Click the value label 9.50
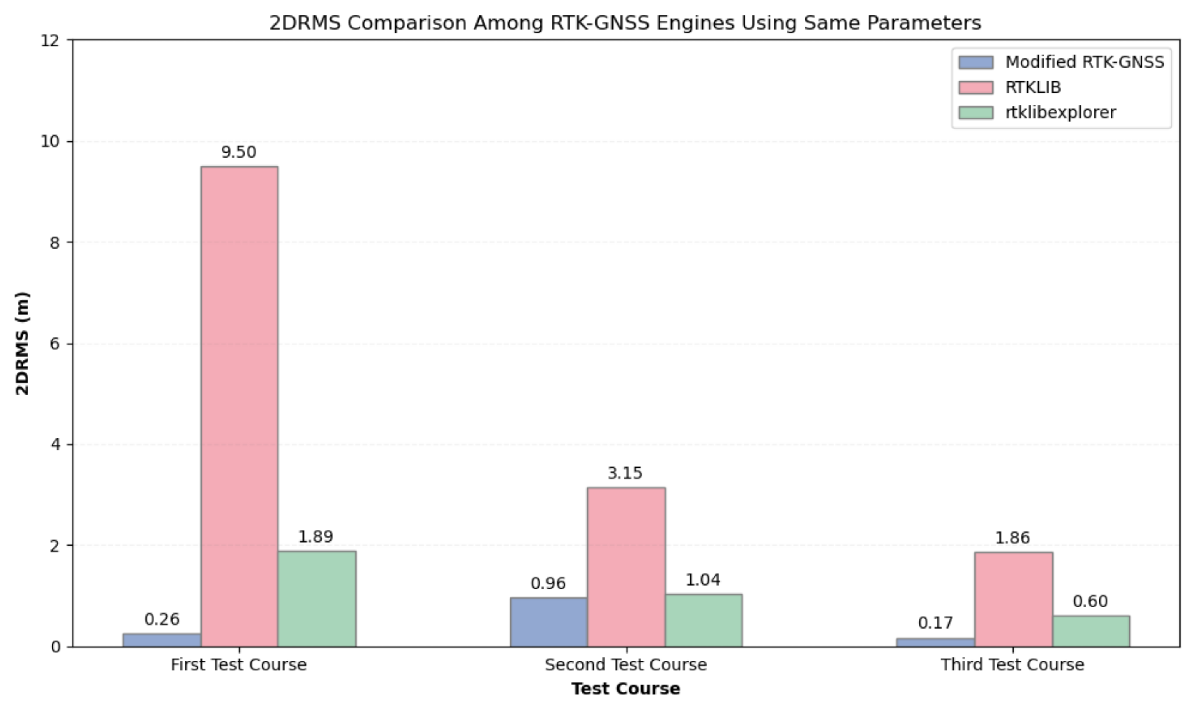[239, 153]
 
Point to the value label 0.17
[935, 623]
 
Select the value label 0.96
[548, 583]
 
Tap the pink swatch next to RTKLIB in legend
[976, 88]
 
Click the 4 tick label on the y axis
[55, 445]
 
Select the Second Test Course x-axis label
[625, 665]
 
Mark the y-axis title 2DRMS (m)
[22, 343]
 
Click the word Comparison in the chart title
[407, 23]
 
